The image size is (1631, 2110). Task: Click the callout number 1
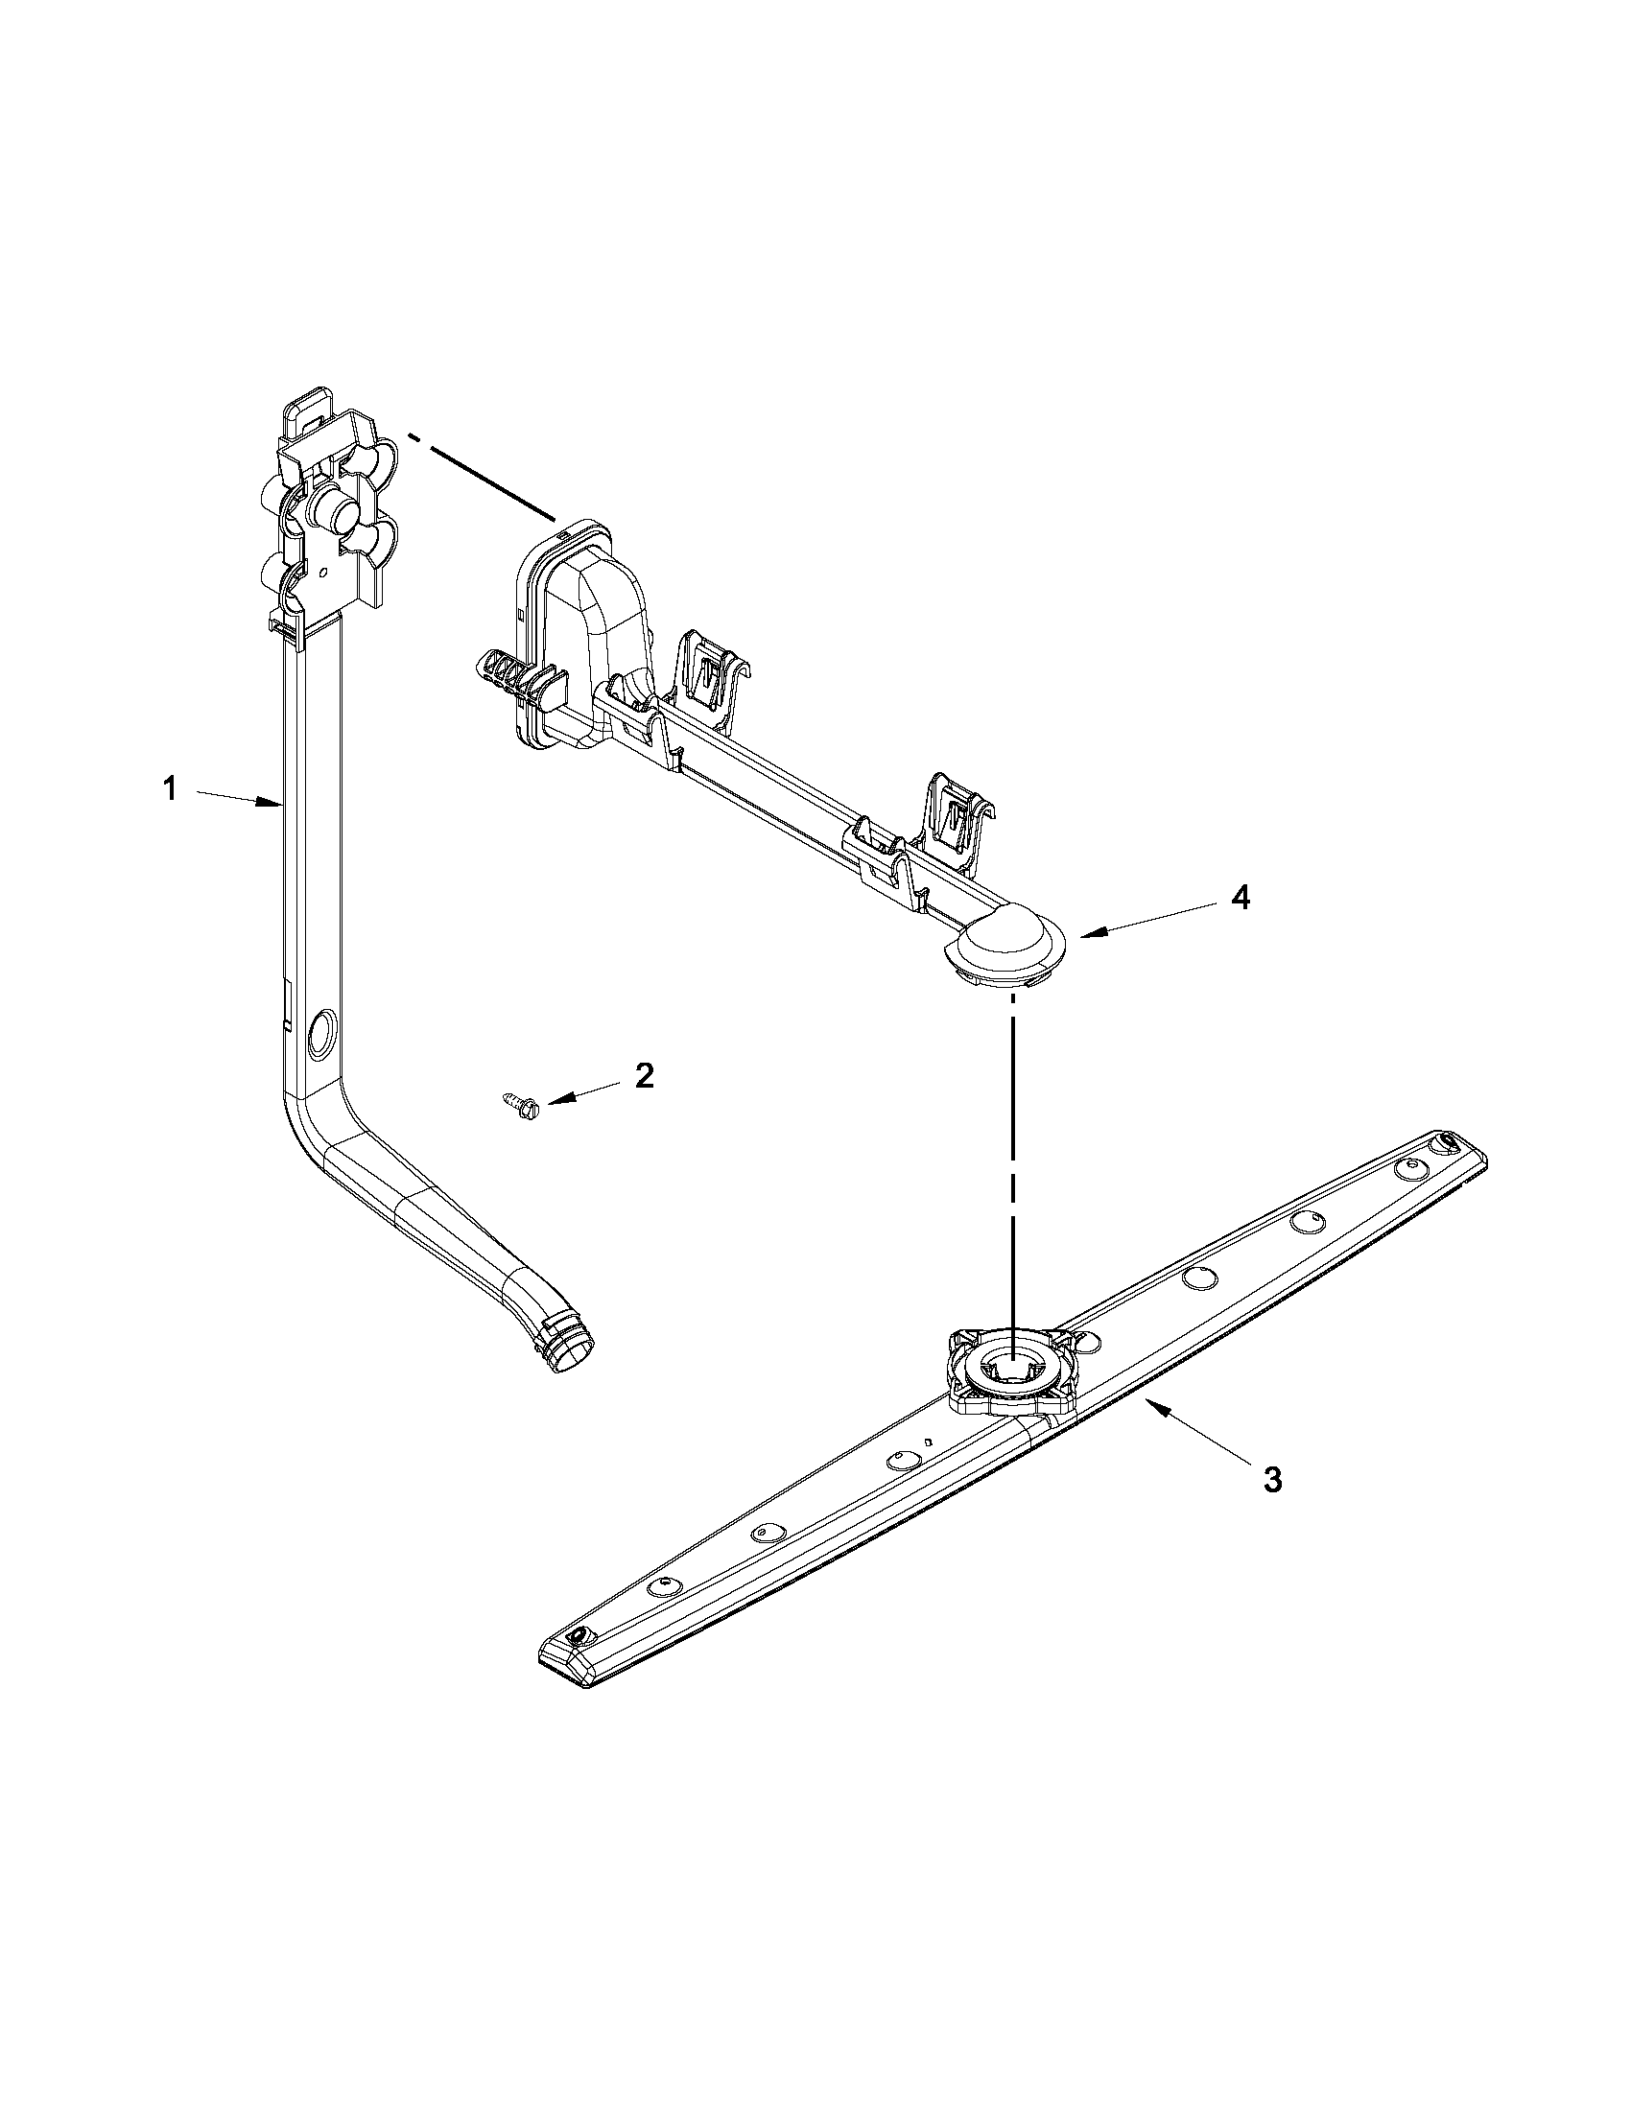170,790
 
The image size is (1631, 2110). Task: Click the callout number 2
644,1075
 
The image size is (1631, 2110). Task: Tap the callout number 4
1241,899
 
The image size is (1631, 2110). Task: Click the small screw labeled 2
519,1102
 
